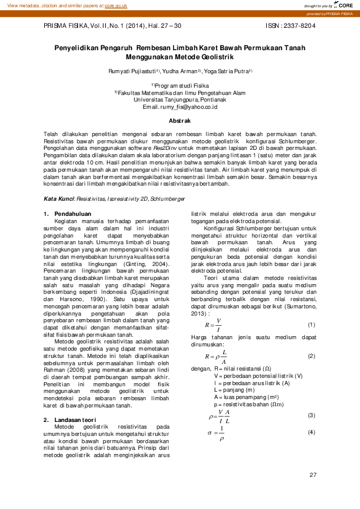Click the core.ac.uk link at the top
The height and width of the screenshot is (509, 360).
coord(116,5)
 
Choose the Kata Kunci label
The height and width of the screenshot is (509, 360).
coord(59,198)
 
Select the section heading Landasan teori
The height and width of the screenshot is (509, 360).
coord(74,403)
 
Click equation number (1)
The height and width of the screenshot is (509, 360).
coord(312,325)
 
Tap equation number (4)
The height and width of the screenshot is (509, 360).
coord(312,432)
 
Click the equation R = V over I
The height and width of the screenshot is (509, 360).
coord(213,325)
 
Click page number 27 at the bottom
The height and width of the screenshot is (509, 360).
coord(313,475)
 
